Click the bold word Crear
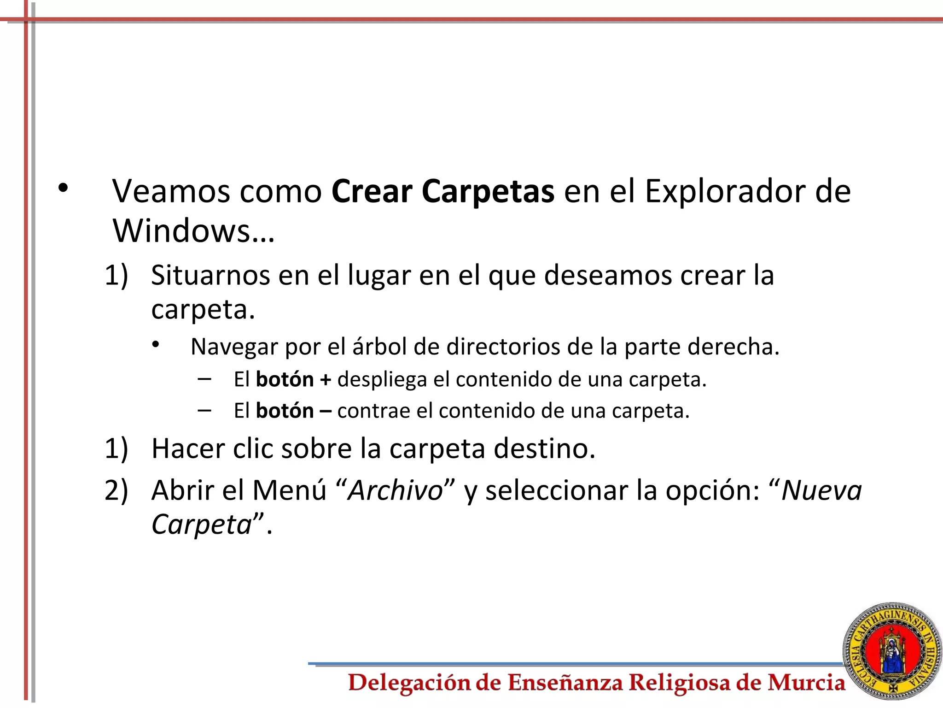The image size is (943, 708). click(x=372, y=191)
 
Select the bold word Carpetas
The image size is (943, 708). click(x=488, y=192)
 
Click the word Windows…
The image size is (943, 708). click(x=193, y=230)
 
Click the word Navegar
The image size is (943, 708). click(x=233, y=347)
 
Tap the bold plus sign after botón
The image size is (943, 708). click(x=326, y=380)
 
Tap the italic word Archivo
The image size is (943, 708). click(x=396, y=490)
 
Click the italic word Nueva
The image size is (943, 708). click(x=821, y=490)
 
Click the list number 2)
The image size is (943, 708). click(x=116, y=490)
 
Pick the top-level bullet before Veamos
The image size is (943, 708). click(x=63, y=188)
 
